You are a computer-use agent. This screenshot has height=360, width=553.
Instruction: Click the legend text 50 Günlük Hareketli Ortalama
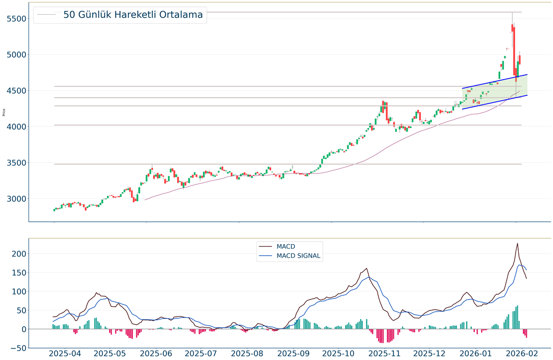click(133, 15)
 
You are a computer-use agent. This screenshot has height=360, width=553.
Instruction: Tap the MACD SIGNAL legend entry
click(298, 256)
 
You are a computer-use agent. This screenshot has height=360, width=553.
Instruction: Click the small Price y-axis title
click(4, 112)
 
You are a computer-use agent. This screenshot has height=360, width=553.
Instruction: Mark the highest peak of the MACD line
click(517, 244)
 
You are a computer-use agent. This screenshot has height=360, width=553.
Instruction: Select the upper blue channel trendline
click(495, 81)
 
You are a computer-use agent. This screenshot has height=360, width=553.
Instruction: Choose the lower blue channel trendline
click(495, 102)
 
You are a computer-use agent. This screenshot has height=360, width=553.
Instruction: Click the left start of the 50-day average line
click(145, 200)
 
